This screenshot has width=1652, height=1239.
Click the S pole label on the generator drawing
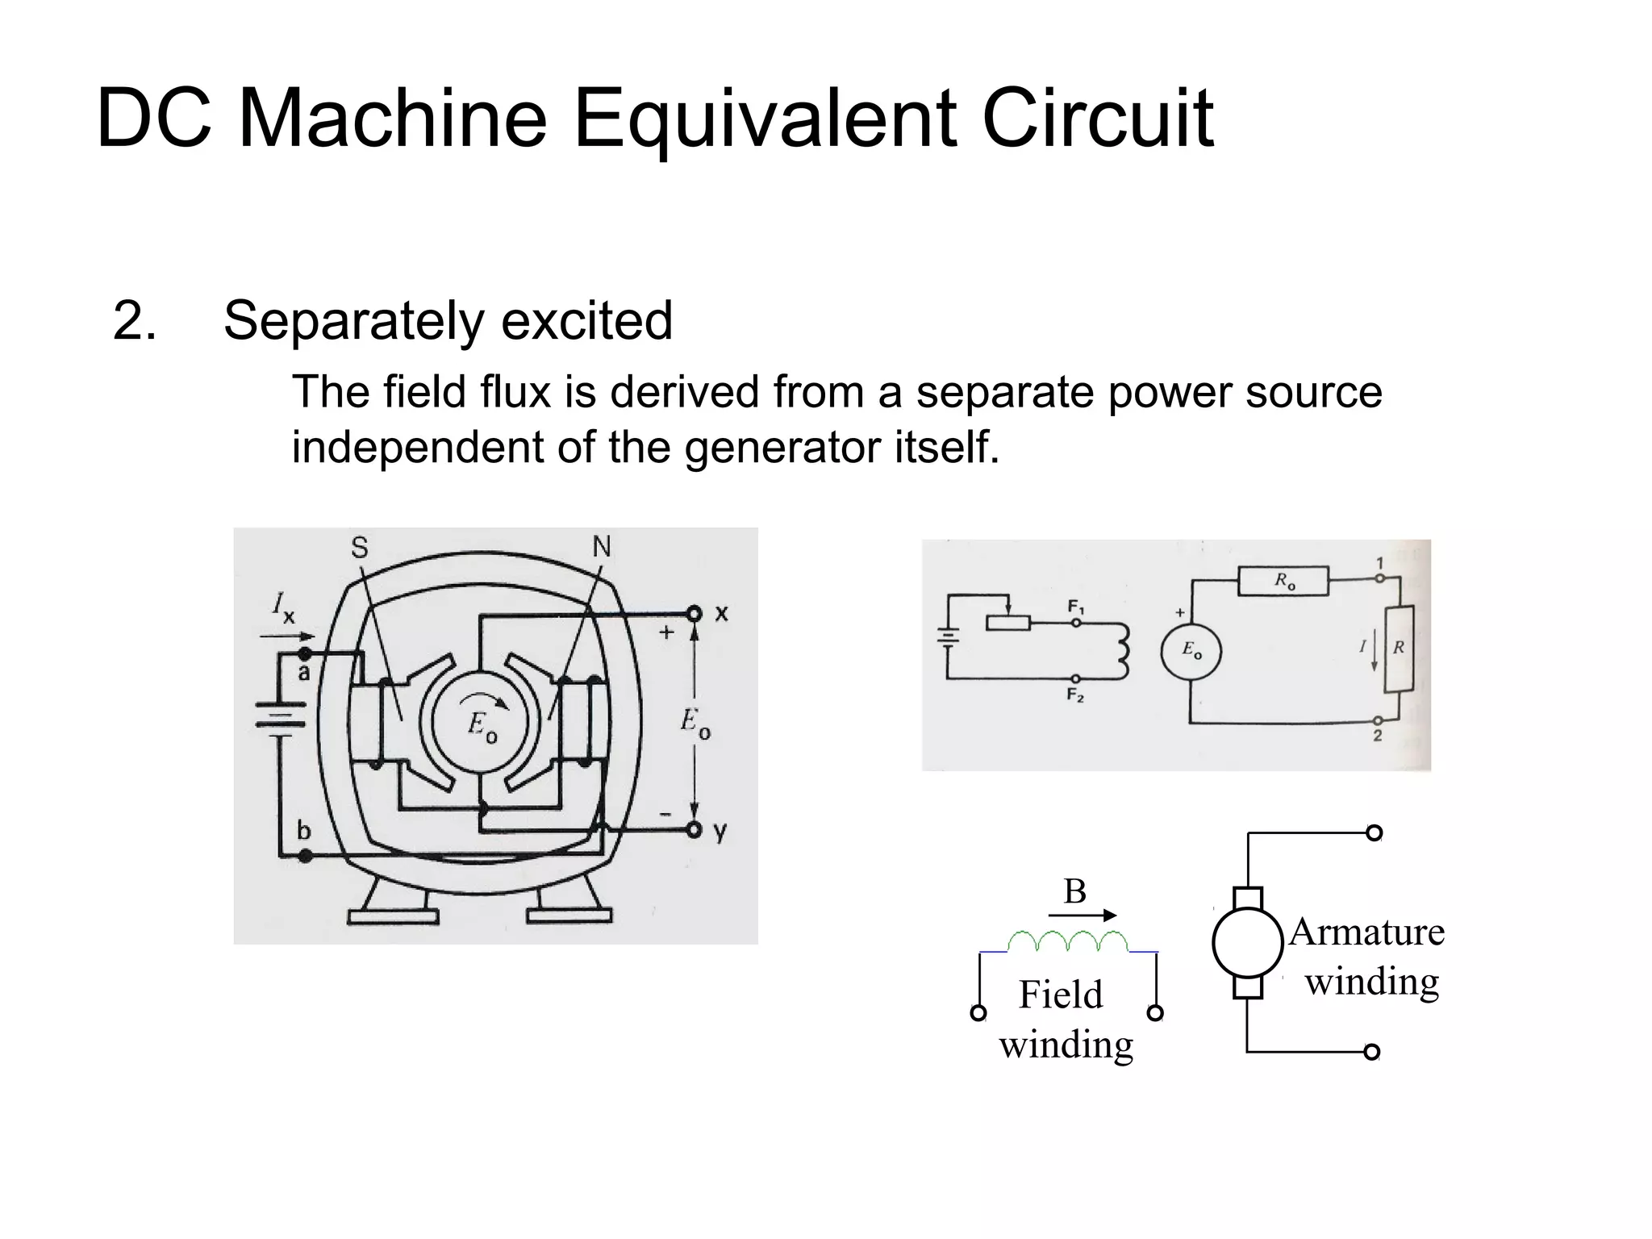coord(359,549)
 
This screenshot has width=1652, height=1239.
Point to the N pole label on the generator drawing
coord(602,547)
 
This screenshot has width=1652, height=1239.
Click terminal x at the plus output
coord(695,614)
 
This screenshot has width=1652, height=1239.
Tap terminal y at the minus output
coord(695,830)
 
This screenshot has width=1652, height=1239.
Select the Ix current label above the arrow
coord(283,606)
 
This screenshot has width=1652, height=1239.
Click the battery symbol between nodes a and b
coord(280,715)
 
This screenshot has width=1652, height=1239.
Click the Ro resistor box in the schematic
coord(1283,581)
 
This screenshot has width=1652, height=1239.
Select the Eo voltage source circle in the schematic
coord(1191,651)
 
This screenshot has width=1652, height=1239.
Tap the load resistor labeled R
coord(1399,649)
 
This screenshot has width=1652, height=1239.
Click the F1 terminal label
coord(1076,607)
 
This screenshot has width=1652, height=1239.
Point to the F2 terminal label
coord(1075,695)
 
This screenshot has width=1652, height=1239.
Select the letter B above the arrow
coord(1074,892)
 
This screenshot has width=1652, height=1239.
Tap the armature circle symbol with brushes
coord(1247,943)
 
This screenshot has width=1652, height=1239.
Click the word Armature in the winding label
coord(1366,932)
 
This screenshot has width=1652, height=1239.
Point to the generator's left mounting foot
coord(394,912)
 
